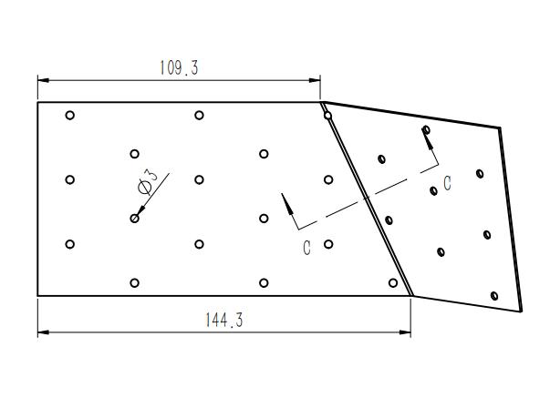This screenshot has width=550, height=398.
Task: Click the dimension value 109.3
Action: [x=180, y=67]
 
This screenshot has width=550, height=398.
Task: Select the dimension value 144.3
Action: [x=224, y=320]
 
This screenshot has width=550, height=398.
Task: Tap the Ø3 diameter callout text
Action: [x=148, y=181]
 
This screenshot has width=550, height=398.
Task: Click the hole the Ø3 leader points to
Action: [x=134, y=219]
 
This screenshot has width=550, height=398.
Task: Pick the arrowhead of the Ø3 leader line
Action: [x=140, y=210]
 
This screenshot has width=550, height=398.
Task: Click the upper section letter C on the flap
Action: [x=447, y=183]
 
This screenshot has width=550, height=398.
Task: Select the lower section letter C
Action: [x=306, y=248]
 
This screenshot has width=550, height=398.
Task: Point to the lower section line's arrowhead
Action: [x=288, y=204]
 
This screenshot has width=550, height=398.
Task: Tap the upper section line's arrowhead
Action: [x=427, y=137]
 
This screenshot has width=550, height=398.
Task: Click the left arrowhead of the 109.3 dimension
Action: [x=43, y=80]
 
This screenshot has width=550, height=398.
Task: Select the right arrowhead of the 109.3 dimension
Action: [x=315, y=80]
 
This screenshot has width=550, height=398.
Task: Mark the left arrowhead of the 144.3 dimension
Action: [x=43, y=332]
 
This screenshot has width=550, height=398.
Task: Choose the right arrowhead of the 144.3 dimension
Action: [x=405, y=332]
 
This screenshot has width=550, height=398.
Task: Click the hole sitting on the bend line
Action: [x=327, y=116]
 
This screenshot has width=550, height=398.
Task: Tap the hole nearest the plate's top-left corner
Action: [x=70, y=116]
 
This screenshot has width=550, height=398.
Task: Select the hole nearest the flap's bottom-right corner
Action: [x=494, y=296]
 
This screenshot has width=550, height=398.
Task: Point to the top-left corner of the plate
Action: [x=38, y=102]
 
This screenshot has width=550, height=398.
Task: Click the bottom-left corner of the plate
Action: [x=38, y=296]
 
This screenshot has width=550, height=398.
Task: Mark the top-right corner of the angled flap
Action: [x=500, y=128]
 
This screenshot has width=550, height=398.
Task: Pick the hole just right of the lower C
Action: [x=328, y=244]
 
